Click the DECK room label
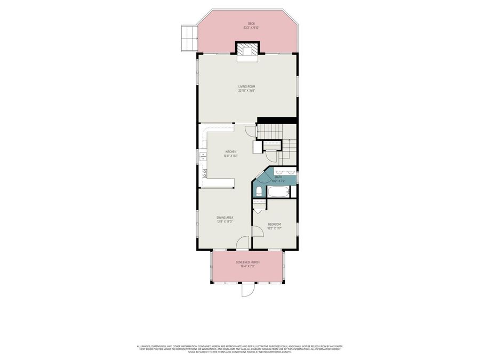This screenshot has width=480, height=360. click(251, 24)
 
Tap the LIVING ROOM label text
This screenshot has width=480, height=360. click(247, 86)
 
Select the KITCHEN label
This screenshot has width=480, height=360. click(230, 152)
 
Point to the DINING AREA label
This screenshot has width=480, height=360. click(225, 218)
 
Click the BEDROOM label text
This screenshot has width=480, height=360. click(274, 224)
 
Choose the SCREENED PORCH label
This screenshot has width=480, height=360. click(247, 262)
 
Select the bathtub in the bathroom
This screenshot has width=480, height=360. click(278, 191)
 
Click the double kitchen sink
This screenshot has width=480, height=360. click(203, 155)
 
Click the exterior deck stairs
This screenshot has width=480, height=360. click(189, 38)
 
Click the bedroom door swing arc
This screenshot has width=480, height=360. click(257, 231)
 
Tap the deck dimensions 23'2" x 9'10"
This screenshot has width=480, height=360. click(251, 28)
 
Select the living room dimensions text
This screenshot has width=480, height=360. click(247, 91)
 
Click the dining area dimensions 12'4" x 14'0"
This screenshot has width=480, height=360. click(225, 221)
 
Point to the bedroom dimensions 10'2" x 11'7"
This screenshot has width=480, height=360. click(274, 228)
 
